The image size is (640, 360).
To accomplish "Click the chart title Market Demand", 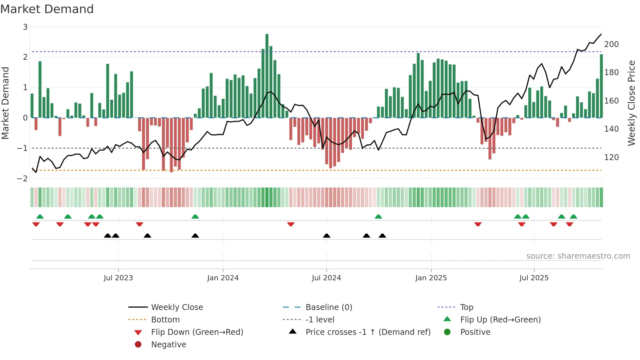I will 47,9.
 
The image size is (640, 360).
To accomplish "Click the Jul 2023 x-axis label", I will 118,278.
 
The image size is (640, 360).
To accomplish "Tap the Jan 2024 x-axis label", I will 223,278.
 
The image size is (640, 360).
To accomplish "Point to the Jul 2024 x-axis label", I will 327,278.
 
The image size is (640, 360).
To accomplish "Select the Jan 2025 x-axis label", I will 431,278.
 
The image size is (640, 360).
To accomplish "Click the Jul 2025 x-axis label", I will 534,278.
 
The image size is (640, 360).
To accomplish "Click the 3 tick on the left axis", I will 25,27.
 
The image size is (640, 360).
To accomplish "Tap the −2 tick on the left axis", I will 23,179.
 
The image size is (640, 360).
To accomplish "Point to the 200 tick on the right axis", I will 611,44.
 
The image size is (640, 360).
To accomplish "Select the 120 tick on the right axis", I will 611,157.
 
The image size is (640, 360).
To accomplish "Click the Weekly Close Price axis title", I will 632,103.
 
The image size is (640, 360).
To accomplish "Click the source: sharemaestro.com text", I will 578,256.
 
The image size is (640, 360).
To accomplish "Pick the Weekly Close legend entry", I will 177,307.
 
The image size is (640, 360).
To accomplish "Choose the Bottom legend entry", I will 165,320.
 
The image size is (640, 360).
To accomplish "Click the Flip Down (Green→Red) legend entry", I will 197,332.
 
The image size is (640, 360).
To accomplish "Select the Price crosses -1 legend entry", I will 368,332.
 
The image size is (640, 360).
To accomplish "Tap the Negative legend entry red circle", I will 138,345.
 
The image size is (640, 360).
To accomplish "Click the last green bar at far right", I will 601,86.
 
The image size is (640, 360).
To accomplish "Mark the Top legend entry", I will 467,307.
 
